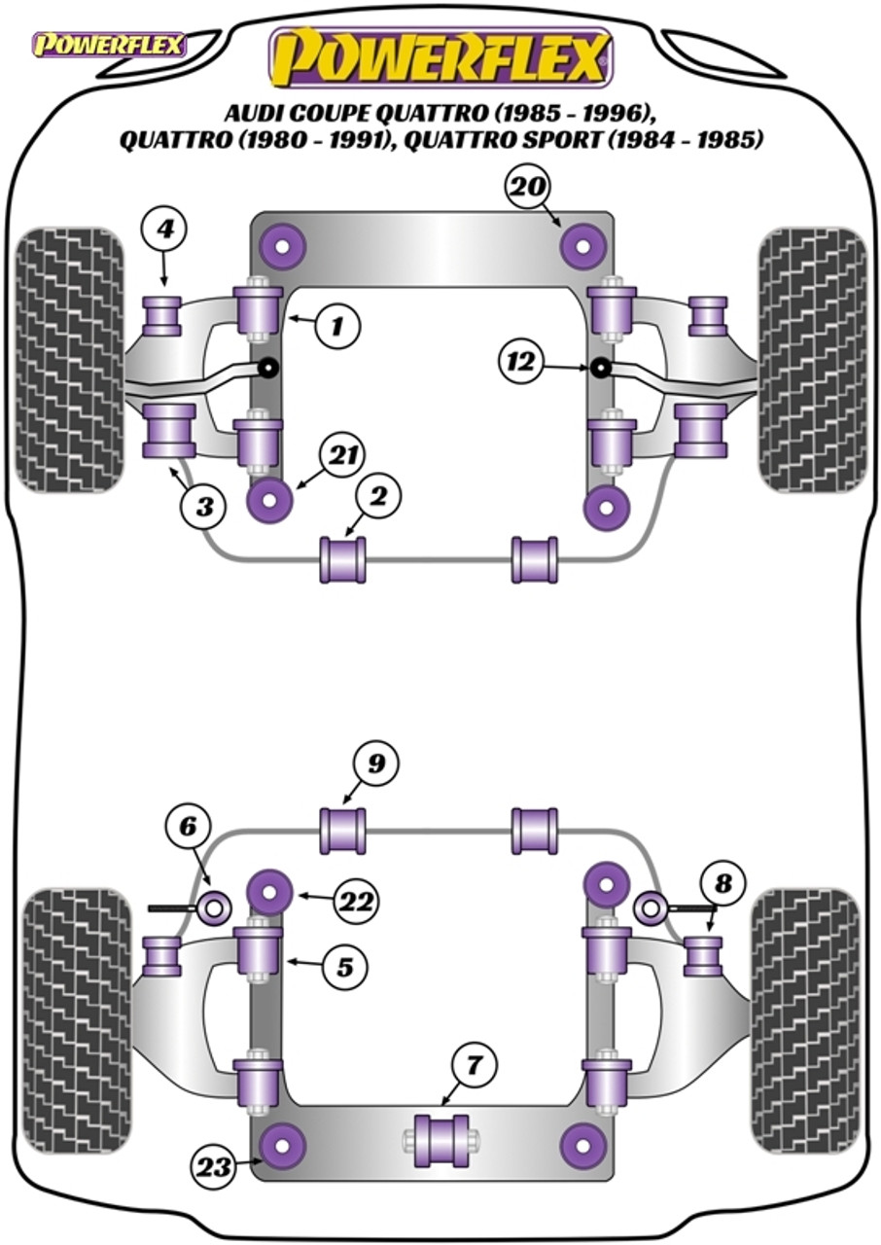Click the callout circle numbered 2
click(377, 497)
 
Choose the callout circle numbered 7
click(472, 1065)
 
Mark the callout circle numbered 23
click(215, 1165)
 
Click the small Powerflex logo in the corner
click(108, 45)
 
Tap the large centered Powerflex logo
click(440, 57)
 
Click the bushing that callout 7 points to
click(441, 1139)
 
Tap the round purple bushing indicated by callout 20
click(582, 247)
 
